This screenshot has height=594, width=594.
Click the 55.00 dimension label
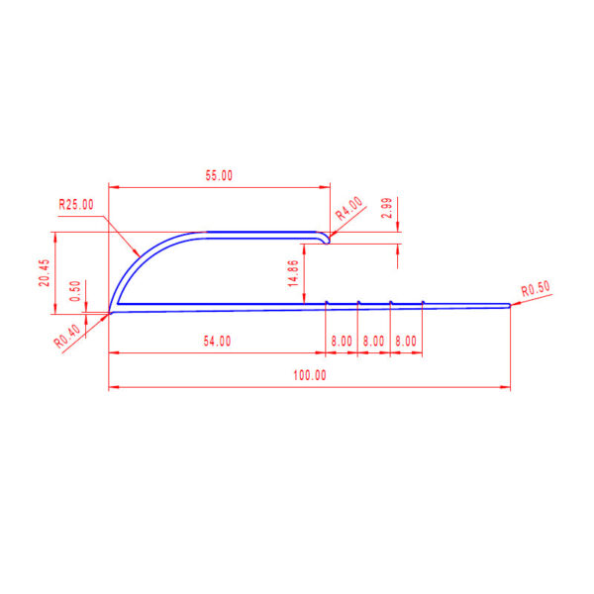(x=219, y=175)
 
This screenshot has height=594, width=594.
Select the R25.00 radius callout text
(x=76, y=205)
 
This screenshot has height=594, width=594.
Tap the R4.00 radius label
(x=349, y=209)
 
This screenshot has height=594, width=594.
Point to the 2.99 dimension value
(x=387, y=208)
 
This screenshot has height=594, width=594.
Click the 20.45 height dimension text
(x=45, y=273)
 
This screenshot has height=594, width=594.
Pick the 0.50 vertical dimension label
(x=76, y=291)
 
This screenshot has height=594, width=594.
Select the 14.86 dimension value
(x=294, y=273)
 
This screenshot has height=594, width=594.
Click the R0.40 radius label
(x=67, y=336)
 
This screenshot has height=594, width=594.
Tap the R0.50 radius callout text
(x=536, y=289)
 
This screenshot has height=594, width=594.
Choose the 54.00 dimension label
(x=217, y=341)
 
